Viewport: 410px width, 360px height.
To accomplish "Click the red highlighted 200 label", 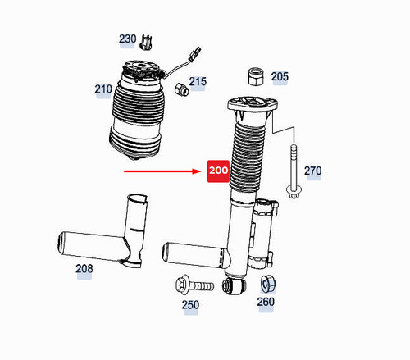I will pyautogui.click(x=219, y=171).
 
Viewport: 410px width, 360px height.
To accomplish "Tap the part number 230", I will pyautogui.click(x=127, y=39).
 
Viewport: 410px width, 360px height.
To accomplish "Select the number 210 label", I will pyautogui.click(x=103, y=89).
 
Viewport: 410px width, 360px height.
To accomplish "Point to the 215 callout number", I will pyautogui.click(x=198, y=82).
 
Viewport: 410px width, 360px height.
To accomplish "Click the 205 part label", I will pyautogui.click(x=280, y=77).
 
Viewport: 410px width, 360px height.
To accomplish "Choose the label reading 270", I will pyautogui.click(x=312, y=171).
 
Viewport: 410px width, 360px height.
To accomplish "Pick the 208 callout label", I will pyautogui.click(x=84, y=268).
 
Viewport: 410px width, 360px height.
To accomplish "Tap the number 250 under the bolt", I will pyautogui.click(x=190, y=305).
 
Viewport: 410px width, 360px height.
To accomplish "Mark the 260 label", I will pyautogui.click(x=266, y=302).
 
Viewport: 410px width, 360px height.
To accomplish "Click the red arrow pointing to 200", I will pyautogui.click(x=163, y=171).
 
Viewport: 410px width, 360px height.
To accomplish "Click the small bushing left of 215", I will pyautogui.click(x=181, y=88).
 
